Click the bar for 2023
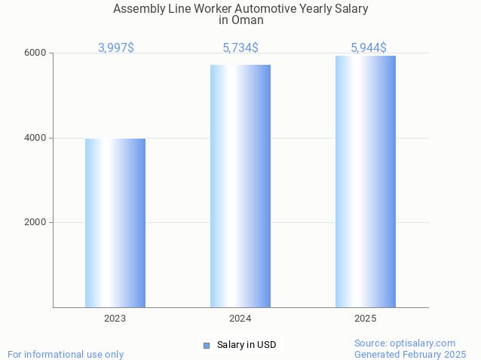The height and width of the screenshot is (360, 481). (x=115, y=223)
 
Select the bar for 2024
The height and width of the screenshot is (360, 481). (x=240, y=186)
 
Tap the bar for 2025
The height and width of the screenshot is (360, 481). (x=366, y=182)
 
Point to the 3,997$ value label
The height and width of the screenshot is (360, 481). (x=116, y=48)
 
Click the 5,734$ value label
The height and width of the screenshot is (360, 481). (x=240, y=48)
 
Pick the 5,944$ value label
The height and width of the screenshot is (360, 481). (x=369, y=48)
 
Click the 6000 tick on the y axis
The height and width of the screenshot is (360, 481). (x=36, y=53)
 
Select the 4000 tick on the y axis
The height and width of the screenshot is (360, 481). (x=36, y=138)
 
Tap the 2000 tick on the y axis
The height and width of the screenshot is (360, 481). (x=36, y=223)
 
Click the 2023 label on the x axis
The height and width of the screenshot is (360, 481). (x=115, y=319)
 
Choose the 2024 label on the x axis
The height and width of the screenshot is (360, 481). (x=240, y=319)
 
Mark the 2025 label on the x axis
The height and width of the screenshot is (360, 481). (x=366, y=319)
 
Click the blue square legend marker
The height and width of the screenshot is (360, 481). (x=206, y=345)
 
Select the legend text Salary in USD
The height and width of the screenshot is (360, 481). (x=247, y=345)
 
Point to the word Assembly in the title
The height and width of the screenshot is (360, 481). (x=137, y=9)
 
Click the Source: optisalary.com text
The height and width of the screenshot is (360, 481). (x=405, y=343)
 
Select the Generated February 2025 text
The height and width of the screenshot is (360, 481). (x=410, y=354)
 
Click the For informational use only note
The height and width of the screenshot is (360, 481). (x=66, y=354)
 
